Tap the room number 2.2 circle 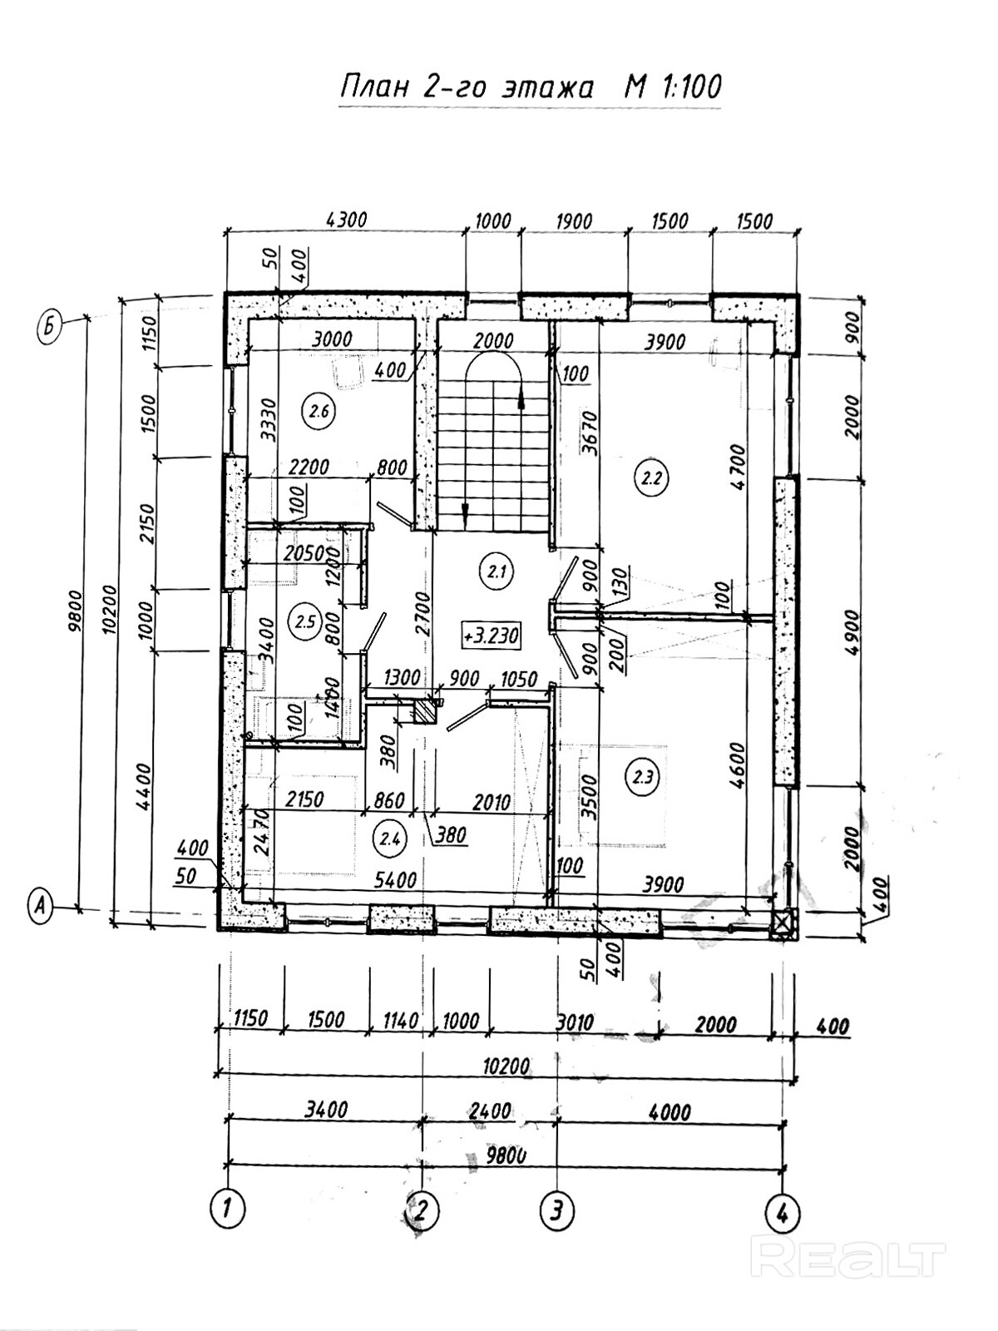click(651, 478)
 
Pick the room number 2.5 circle click(304, 620)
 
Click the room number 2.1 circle click(497, 571)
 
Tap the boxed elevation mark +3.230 click(491, 636)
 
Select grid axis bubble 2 click(423, 1209)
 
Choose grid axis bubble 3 click(557, 1209)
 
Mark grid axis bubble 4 click(782, 1209)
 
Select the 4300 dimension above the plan click(347, 221)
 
